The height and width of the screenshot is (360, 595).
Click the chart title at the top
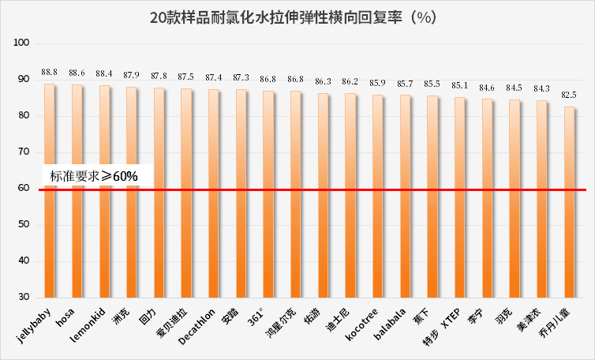click(x=293, y=17)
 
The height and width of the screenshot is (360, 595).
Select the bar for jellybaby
click(x=50, y=190)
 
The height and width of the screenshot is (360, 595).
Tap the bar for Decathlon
click(x=213, y=193)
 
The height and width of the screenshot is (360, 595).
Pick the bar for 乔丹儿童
click(x=569, y=202)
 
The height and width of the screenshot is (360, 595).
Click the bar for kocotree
click(x=377, y=196)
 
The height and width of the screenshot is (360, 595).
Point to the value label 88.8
click(x=50, y=72)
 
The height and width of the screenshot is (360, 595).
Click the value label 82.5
click(x=569, y=95)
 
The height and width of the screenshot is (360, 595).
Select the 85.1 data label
click(x=459, y=85)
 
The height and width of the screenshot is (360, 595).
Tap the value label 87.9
click(x=131, y=75)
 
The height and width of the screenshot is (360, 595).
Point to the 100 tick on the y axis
click(x=21, y=43)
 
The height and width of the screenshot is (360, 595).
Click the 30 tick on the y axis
click(x=24, y=297)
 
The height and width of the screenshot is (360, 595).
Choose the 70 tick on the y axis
click(x=24, y=152)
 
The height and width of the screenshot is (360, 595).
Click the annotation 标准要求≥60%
click(x=94, y=176)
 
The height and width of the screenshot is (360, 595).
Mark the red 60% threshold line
click(x=312, y=189)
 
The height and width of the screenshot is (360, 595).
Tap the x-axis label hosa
click(x=65, y=317)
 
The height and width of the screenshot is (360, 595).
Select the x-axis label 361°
click(x=256, y=317)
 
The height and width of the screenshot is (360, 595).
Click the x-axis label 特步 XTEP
click(x=442, y=327)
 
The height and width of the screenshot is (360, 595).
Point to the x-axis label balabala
click(x=390, y=324)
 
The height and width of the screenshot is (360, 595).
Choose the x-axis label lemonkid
click(x=88, y=324)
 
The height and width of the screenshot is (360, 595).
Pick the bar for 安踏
click(x=241, y=193)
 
